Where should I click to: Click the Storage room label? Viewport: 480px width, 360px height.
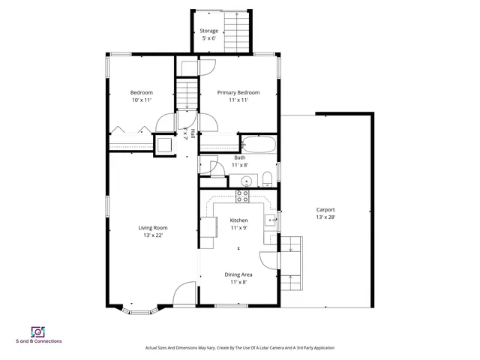pos(208,31)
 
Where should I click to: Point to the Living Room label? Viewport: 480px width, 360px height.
pos(152,228)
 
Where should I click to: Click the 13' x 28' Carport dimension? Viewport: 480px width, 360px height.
pos(325,217)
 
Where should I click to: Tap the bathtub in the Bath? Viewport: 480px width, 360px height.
pos(259,144)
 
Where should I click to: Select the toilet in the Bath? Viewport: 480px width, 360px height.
pos(267,178)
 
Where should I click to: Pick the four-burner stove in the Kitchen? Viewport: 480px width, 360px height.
pos(242,196)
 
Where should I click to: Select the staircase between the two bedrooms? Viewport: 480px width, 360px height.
pos(186,95)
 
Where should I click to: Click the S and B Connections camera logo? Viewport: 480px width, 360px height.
pos(38,331)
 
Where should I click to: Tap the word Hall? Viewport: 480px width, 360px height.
pos(193,134)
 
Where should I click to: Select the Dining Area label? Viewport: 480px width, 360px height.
pos(238,274)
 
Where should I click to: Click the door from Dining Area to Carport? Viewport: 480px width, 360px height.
pos(269,259)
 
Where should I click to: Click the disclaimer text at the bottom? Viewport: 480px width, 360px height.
pos(239,348)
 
